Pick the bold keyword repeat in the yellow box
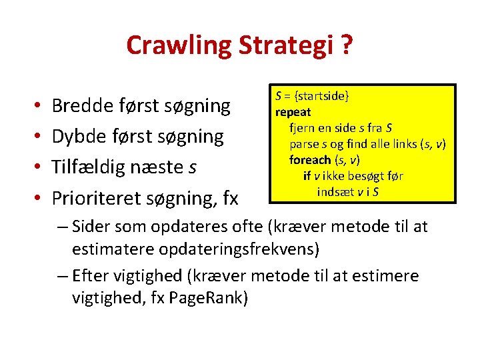click(293, 111)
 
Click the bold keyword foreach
click(310, 160)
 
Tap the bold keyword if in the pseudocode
click(307, 176)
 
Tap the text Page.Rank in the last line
click(208, 297)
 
